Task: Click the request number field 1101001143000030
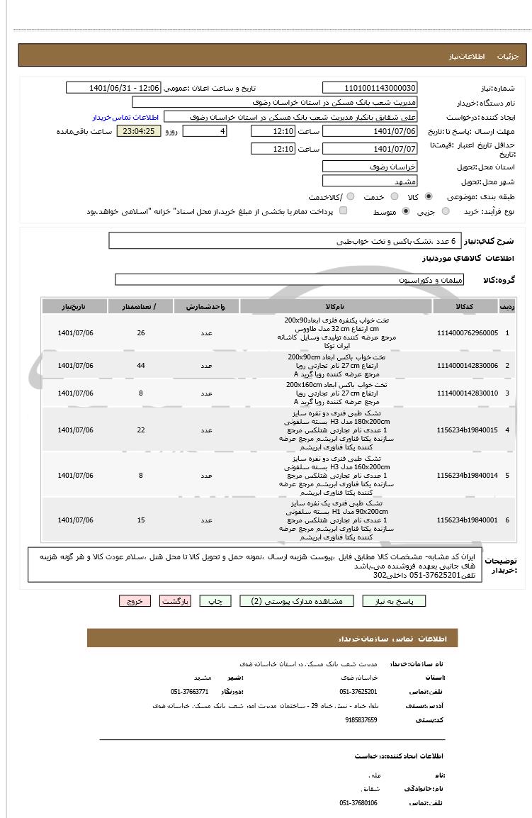tap(370, 88)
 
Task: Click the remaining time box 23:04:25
tap(139, 131)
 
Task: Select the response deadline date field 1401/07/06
tap(370, 131)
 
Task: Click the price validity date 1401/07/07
tap(370, 149)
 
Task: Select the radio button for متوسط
tap(406, 211)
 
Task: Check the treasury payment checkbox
tap(344, 211)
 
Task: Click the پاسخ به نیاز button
tap(395, 601)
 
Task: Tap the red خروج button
tap(135, 601)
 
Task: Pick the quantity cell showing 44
tap(141, 366)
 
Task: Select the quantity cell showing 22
tap(141, 430)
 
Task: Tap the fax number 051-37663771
tap(190, 691)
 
